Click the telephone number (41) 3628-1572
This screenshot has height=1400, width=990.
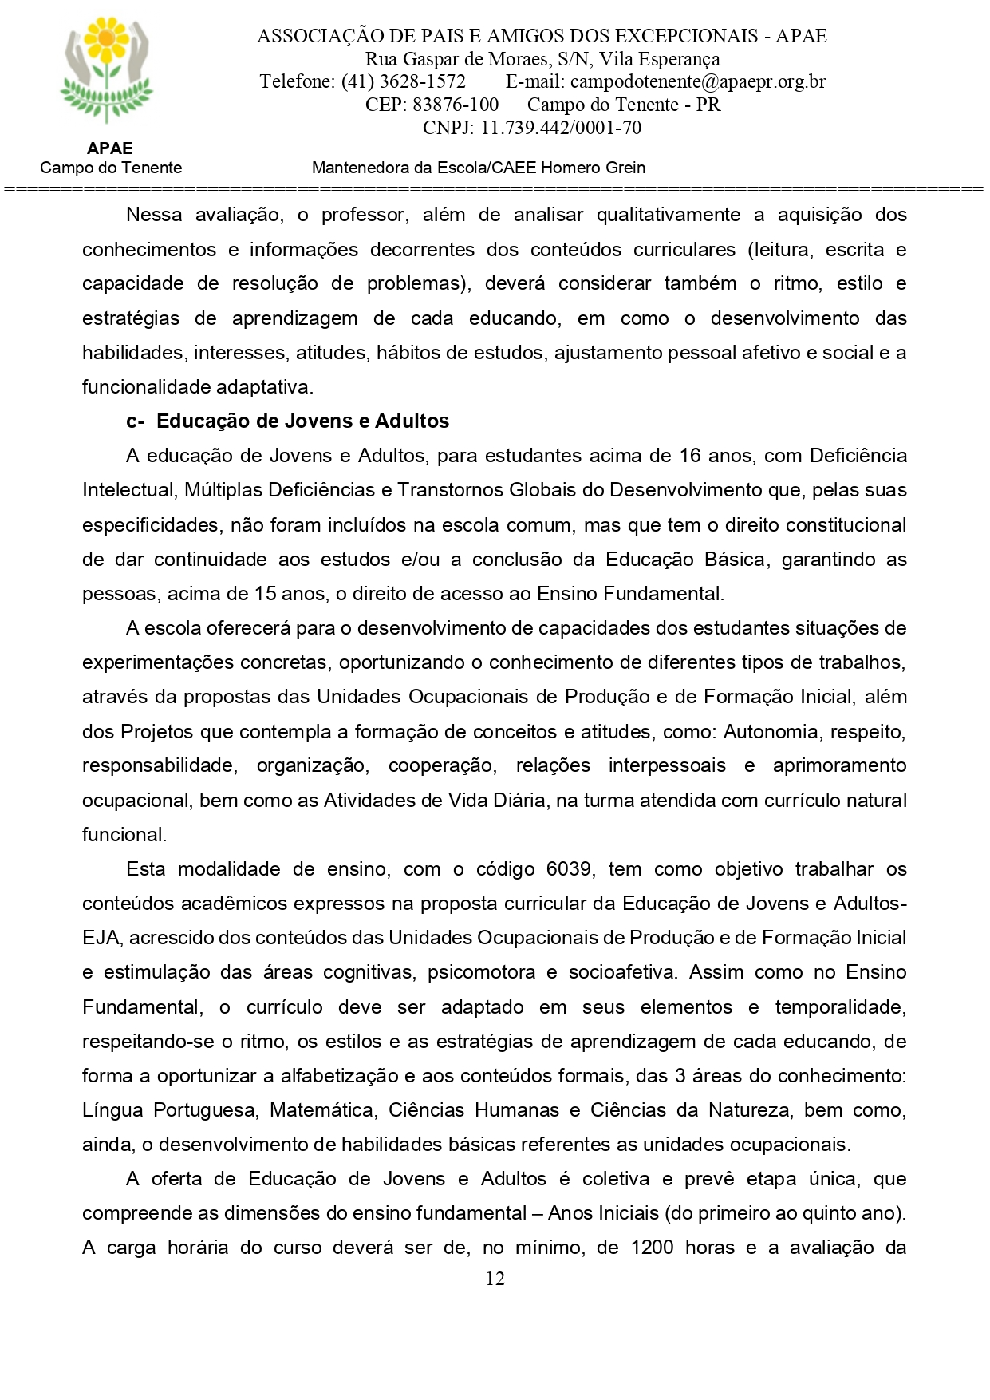(403, 81)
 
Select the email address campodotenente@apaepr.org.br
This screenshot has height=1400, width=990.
(698, 81)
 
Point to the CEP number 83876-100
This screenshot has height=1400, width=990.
(456, 105)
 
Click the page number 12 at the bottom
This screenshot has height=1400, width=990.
(495, 1279)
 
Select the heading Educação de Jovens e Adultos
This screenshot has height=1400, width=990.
(303, 421)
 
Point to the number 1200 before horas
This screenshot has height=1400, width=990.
(652, 1248)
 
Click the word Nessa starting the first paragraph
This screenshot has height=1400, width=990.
(153, 215)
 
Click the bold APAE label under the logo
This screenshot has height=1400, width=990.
(110, 148)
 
